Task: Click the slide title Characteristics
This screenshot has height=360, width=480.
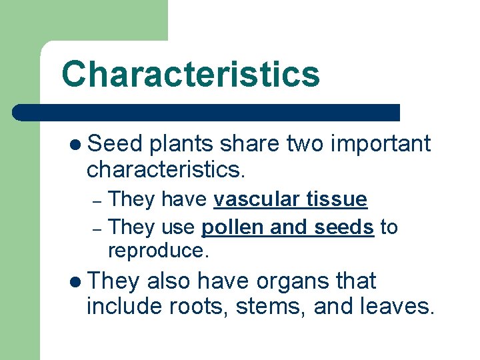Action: click(190, 75)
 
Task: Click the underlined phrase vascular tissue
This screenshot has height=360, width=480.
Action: click(290, 199)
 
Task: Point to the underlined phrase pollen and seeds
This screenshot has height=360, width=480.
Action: click(287, 227)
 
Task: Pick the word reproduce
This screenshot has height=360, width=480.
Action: click(158, 251)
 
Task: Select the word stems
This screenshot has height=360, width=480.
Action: click(275, 307)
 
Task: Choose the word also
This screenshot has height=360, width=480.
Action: click(169, 281)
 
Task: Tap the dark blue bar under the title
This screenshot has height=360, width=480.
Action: click(207, 112)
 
